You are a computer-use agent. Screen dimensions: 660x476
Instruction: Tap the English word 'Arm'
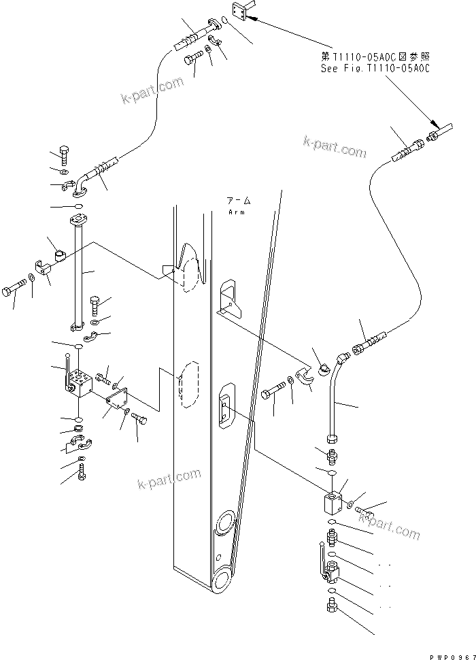coord(237,212)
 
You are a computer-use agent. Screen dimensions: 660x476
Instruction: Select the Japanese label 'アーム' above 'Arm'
coord(239,201)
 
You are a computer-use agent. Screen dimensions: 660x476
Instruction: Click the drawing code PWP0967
coord(451,655)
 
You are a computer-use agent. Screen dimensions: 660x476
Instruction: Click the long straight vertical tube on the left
coord(80,272)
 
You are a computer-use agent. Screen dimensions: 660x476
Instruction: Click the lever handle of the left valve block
coord(68,367)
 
